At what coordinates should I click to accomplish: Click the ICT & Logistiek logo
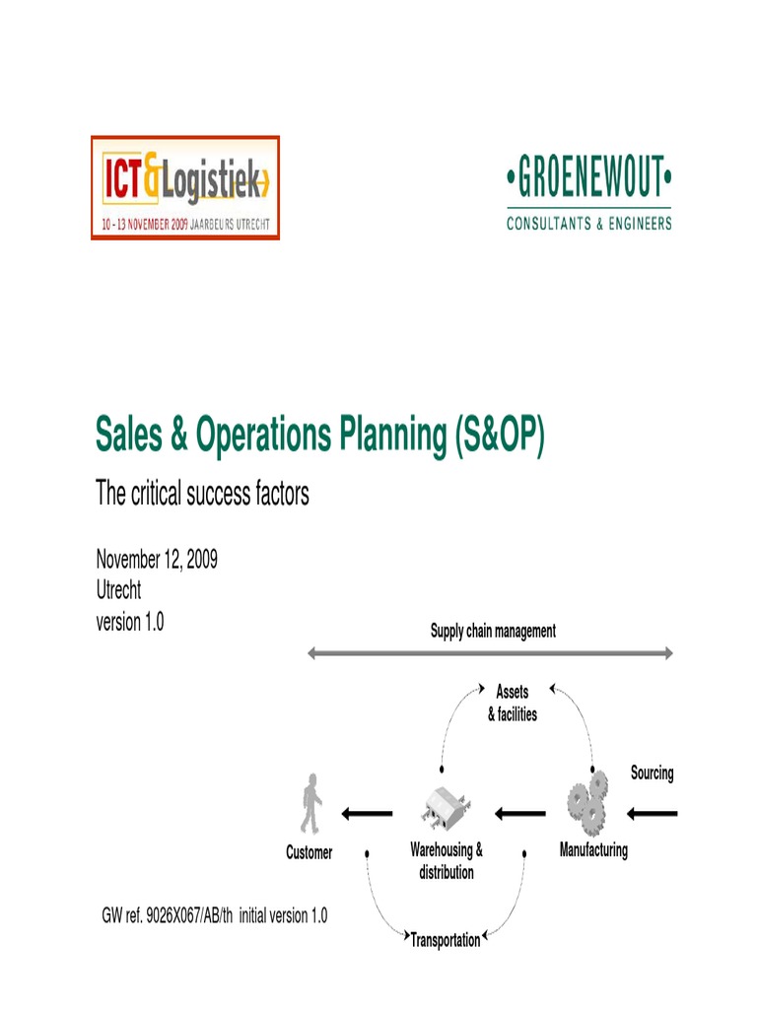[185, 187]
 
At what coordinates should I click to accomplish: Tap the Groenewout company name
[588, 181]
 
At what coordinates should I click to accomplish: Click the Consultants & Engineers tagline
[588, 224]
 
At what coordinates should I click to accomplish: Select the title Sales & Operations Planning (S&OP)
[319, 435]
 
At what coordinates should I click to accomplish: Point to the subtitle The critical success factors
[202, 494]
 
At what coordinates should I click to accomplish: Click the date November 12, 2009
[157, 560]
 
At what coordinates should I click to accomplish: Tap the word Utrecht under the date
[118, 591]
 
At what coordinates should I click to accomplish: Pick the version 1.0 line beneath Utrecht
[129, 623]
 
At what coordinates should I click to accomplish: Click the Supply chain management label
[493, 631]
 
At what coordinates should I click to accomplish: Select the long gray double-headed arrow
[491, 652]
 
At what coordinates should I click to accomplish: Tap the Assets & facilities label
[513, 704]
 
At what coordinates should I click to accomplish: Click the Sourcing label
[652, 774]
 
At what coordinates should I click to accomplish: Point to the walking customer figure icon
[311, 804]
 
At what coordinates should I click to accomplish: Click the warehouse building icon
[445, 810]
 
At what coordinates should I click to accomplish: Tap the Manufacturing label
[593, 849]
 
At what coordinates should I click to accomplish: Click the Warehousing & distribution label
[447, 860]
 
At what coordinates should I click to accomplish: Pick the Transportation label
[446, 940]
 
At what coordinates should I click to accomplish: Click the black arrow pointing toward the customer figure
[367, 814]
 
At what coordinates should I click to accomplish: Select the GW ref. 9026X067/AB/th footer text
[215, 916]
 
